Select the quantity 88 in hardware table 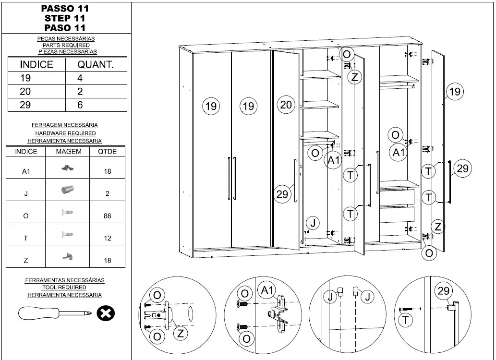(107, 216)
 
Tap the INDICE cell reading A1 (26, 171)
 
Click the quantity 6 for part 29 (80, 105)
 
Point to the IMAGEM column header (68, 151)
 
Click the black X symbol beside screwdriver (105, 314)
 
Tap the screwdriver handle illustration (38, 313)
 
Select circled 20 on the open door (286, 105)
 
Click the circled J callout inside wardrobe (313, 223)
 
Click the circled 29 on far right (462, 168)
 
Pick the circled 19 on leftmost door (211, 106)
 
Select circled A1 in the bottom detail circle (267, 290)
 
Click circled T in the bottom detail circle (406, 320)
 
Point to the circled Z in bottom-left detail (180, 333)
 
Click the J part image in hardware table (67, 190)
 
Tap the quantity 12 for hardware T (107, 238)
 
